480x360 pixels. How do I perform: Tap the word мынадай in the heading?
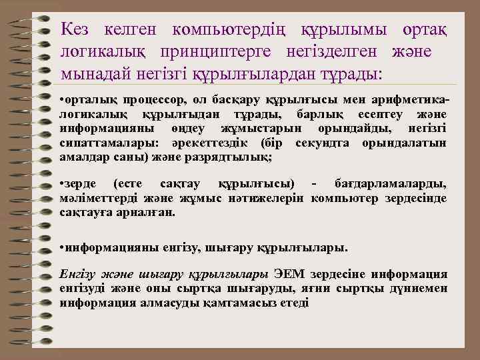[x=91, y=73]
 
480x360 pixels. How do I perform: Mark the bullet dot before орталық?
[x=61, y=101]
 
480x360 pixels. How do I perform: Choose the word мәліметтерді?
[x=93, y=198]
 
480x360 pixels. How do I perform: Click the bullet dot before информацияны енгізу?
[x=61, y=248]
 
